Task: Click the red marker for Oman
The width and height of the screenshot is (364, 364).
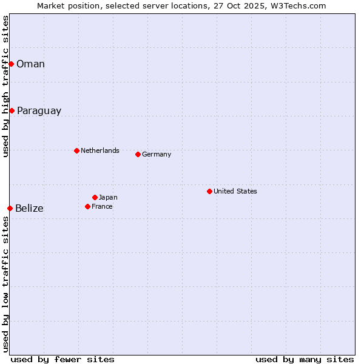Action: coord(11,64)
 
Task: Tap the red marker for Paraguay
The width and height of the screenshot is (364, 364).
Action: coord(12,110)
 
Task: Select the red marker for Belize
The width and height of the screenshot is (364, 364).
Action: coord(10,208)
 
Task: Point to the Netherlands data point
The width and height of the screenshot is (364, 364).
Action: coord(76,150)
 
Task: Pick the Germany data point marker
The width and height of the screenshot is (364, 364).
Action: coord(138,154)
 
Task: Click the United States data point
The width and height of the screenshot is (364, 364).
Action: coord(209,191)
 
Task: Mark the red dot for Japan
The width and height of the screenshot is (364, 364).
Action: coord(95,197)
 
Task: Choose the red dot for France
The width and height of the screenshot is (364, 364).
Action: coord(87,206)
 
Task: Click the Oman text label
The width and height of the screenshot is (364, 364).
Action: coord(30,64)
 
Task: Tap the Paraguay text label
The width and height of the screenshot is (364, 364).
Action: coord(39,111)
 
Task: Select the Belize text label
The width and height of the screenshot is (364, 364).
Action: coord(29,209)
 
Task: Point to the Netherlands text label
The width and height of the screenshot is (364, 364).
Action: coord(99,150)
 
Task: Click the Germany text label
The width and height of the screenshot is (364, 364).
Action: coord(157,154)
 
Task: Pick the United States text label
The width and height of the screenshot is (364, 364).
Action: coord(235,191)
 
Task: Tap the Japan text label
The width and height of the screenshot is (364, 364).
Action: coord(108,197)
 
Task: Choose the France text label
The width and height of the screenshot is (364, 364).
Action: coord(102,206)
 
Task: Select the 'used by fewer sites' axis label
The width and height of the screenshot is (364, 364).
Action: coord(62,359)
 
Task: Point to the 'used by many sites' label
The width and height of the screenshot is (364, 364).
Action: coord(305,359)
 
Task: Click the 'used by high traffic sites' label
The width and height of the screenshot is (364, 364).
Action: coord(5,86)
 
